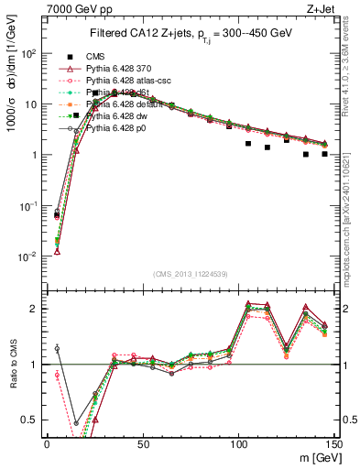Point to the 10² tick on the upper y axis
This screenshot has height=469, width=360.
(28, 53)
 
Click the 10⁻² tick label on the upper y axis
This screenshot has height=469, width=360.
(27, 256)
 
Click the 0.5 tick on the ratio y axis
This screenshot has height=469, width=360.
(28, 420)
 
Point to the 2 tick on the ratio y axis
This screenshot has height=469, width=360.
(33, 309)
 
